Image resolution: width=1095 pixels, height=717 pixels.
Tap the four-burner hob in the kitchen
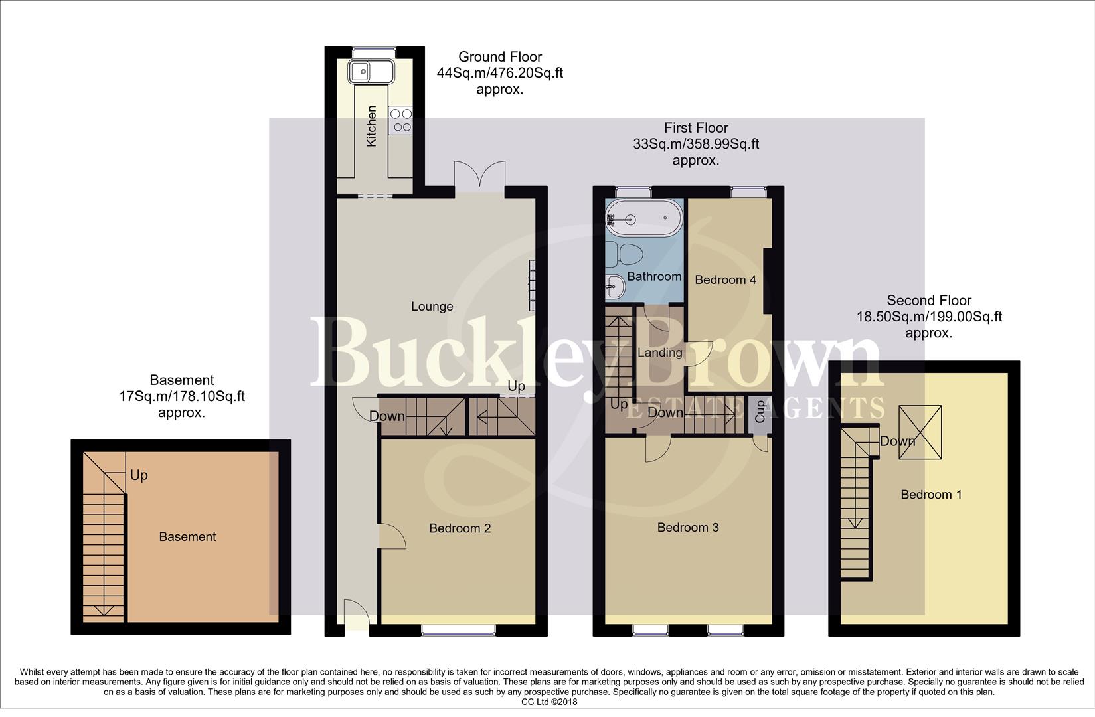(x=402, y=120)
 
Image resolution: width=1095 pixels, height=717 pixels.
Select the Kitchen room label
(x=372, y=126)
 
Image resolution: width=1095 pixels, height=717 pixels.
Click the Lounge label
(x=432, y=307)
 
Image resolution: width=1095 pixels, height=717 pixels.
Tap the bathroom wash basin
(x=614, y=287)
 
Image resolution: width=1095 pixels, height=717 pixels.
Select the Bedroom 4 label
(x=725, y=280)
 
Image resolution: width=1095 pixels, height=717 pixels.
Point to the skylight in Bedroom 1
(x=920, y=432)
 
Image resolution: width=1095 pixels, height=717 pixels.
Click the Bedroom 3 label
(x=687, y=528)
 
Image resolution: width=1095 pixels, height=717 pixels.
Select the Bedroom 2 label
(x=460, y=529)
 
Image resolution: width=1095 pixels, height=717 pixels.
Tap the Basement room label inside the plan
(x=187, y=537)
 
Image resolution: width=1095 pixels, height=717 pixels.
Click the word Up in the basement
(x=139, y=475)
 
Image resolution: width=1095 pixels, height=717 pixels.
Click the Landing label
(x=659, y=353)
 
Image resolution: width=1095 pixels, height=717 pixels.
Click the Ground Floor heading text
(x=499, y=57)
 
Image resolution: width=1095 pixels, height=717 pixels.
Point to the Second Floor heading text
(x=928, y=301)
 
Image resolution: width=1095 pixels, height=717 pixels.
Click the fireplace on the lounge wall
(x=531, y=285)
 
